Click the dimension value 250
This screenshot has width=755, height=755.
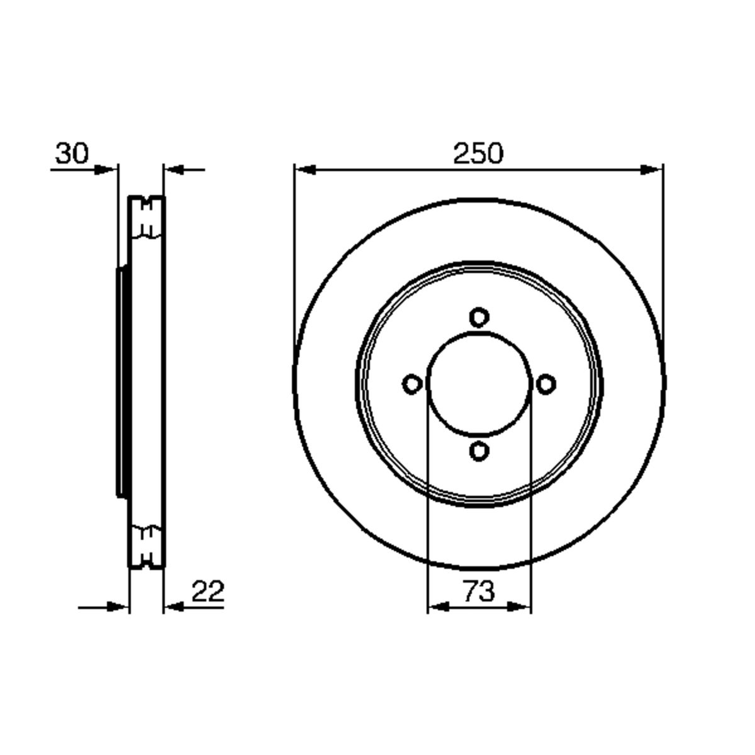pos(478,153)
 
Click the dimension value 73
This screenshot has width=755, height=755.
pos(479,591)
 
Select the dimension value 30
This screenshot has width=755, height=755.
pos(72,153)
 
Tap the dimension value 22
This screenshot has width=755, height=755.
pos(208,591)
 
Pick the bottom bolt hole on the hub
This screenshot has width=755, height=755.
pos(479,450)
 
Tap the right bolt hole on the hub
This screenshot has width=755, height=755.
pos(545,384)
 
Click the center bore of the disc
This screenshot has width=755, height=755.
pos(479,384)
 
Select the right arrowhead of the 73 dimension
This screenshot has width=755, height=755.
pos(520,607)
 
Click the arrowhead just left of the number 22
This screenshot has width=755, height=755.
pos(174,607)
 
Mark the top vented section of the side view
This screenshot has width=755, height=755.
pos(147,217)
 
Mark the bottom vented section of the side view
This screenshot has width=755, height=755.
pos(147,545)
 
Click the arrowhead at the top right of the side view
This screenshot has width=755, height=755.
pos(174,169)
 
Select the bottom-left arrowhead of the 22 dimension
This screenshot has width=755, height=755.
pos(118,607)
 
